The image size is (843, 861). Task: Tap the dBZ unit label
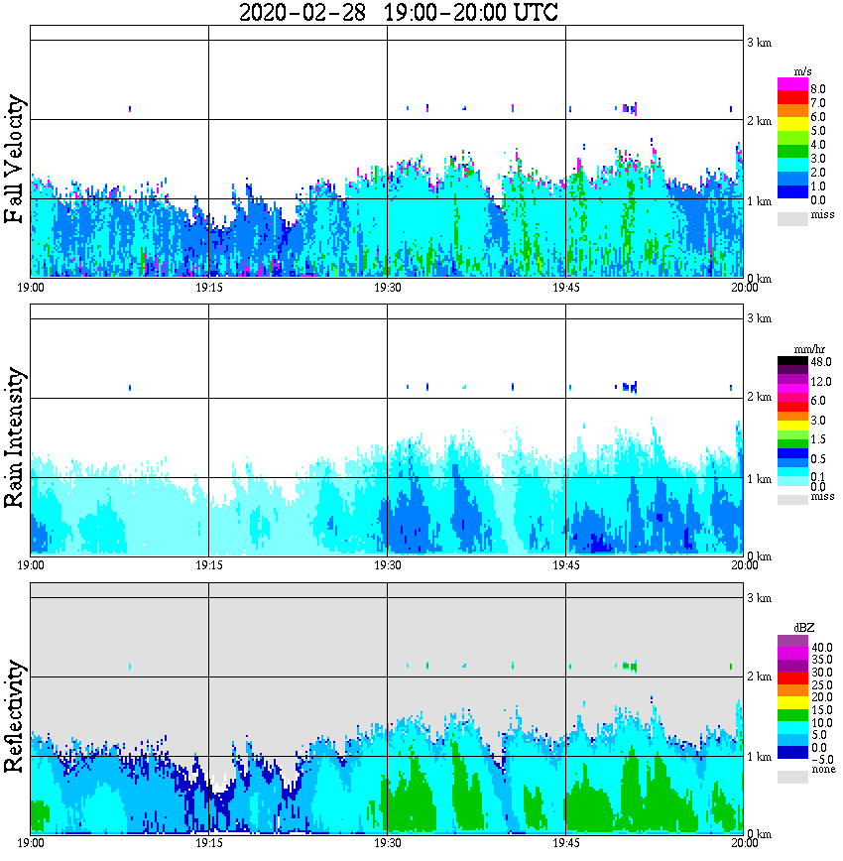coord(804,628)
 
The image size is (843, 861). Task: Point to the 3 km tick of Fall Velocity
coord(759,42)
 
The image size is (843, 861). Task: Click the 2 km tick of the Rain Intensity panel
coord(759,397)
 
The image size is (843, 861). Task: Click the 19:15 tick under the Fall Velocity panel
coord(208,288)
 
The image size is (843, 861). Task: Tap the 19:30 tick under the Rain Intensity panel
coord(387,565)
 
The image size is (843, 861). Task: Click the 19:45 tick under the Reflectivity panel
coord(565,844)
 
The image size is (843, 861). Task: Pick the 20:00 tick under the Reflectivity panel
coord(744,844)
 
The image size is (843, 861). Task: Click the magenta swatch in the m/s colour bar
coord(791,84)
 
